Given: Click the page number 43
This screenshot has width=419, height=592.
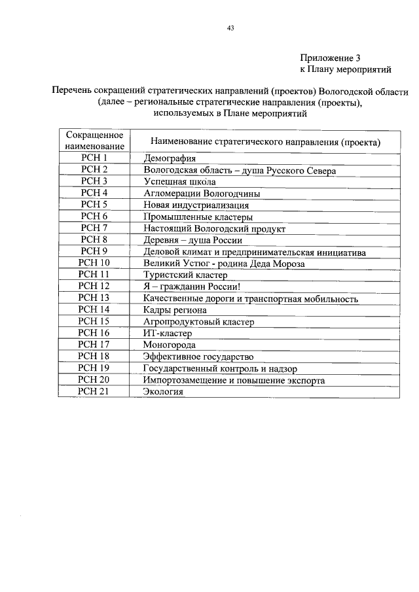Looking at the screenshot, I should point(230,28).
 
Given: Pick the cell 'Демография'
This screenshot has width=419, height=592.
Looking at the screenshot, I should point(170,158).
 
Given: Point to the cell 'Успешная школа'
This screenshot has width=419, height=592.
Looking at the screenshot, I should point(179,182).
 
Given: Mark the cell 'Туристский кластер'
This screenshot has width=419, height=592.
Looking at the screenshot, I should point(185,275).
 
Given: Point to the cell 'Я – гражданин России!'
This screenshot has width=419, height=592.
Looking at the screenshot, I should point(192,287).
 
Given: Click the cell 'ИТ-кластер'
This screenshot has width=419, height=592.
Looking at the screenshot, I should point(168,334).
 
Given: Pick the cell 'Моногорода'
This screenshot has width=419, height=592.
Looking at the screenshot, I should point(170,345).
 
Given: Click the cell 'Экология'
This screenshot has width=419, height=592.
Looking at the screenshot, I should point(163,392).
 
